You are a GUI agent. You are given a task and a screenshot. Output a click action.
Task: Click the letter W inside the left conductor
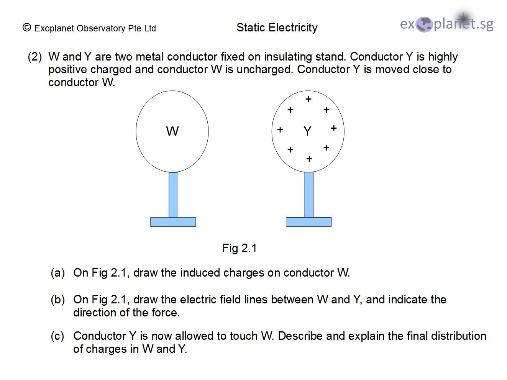pos(172,131)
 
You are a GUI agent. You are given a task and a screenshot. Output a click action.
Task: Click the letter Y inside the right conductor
pos(307,131)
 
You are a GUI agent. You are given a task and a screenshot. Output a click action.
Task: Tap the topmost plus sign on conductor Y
pos(308,99)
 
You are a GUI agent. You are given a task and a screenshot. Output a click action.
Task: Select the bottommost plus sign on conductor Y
pos(309,159)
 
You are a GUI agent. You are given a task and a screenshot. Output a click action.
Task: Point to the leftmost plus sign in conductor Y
pos(280,130)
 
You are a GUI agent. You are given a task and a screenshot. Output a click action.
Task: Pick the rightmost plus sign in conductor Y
pos(333,128)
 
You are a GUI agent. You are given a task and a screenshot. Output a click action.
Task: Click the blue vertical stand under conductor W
pos(173,195)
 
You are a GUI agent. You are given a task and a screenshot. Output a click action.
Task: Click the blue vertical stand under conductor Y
pos(308,195)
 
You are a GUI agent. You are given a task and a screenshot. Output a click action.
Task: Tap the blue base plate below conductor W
pos(173,222)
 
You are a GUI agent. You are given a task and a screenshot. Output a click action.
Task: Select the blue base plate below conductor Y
pos(308,222)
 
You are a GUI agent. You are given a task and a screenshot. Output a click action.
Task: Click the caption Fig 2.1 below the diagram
pos(240,248)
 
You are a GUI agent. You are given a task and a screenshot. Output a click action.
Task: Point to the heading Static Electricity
pos(277,28)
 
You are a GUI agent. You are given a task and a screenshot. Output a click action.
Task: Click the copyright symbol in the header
pos(27,28)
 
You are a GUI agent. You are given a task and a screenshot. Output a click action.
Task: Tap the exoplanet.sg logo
pos(446,24)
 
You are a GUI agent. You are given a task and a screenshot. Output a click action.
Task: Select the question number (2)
pos(34,57)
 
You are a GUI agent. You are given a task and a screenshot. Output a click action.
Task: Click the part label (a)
pos(58,273)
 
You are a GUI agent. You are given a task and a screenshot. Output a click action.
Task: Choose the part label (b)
pos(58,300)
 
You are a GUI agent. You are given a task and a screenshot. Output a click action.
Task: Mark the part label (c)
pos(57,336)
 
